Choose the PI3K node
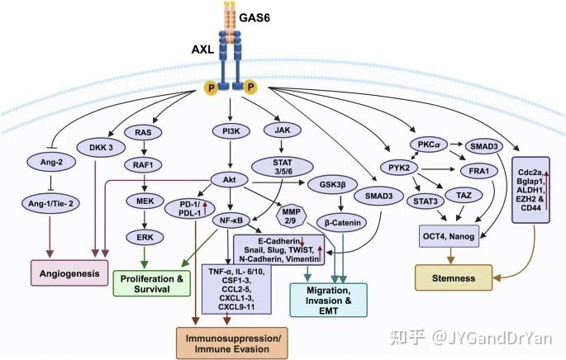point(232,130)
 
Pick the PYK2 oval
point(392,168)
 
